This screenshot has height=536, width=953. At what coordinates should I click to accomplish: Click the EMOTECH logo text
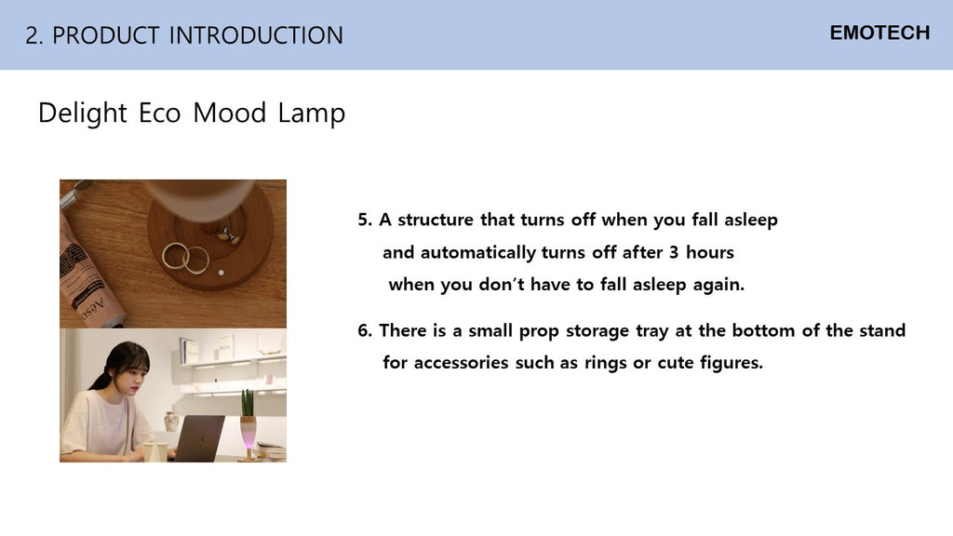tap(879, 33)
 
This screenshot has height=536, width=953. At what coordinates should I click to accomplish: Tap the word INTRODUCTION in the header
tap(256, 35)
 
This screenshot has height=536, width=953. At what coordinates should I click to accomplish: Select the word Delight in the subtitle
tap(83, 113)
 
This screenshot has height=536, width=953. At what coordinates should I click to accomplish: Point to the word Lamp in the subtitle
tap(312, 113)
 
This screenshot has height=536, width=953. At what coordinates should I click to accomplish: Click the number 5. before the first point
tap(365, 220)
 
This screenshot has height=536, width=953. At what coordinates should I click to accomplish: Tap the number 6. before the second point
tap(365, 330)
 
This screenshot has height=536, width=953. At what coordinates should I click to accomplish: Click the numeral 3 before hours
tap(674, 252)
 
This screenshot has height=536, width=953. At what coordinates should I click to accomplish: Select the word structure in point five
tap(436, 220)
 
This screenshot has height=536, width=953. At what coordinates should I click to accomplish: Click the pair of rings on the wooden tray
tap(185, 258)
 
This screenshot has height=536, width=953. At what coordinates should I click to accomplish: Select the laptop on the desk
tap(199, 438)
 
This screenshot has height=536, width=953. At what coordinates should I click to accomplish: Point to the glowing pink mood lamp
tap(248, 432)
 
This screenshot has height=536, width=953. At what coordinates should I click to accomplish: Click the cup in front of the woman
tap(155, 451)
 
